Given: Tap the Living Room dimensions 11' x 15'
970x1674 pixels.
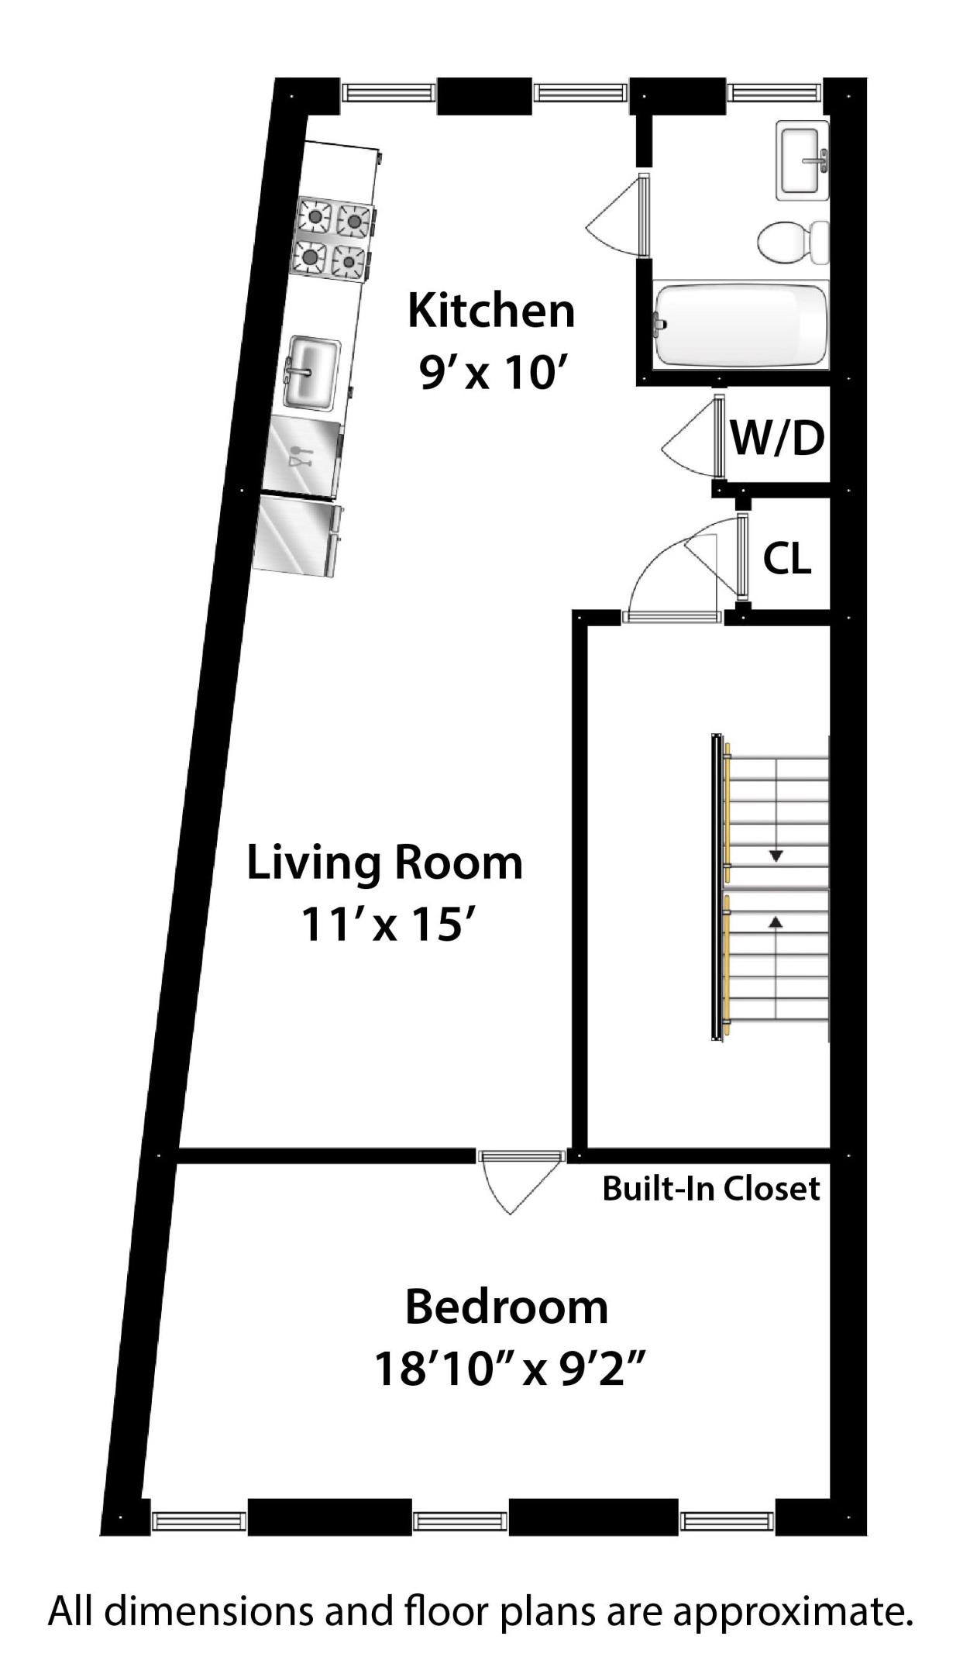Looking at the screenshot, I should tap(385, 925).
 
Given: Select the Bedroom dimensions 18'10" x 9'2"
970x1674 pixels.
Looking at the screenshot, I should tap(509, 1369).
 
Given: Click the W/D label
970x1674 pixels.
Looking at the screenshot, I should tap(778, 439).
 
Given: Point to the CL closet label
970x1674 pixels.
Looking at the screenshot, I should tap(787, 558).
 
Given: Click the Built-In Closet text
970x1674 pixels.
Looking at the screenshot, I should tap(710, 1188).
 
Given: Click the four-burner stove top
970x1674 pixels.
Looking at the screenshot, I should tap(332, 238).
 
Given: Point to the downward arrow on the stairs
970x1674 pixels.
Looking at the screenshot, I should tap(776, 856).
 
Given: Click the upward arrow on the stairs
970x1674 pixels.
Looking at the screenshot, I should tap(776, 921).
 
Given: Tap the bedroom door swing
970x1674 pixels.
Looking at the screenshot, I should tap(514, 1181).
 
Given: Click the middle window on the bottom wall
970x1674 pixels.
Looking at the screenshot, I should tap(460, 1521).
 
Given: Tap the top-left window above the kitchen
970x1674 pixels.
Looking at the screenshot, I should tap(388, 92).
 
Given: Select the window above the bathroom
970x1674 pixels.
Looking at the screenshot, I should tap(774, 92).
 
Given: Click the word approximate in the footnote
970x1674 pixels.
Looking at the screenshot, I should tap(789, 1612).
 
